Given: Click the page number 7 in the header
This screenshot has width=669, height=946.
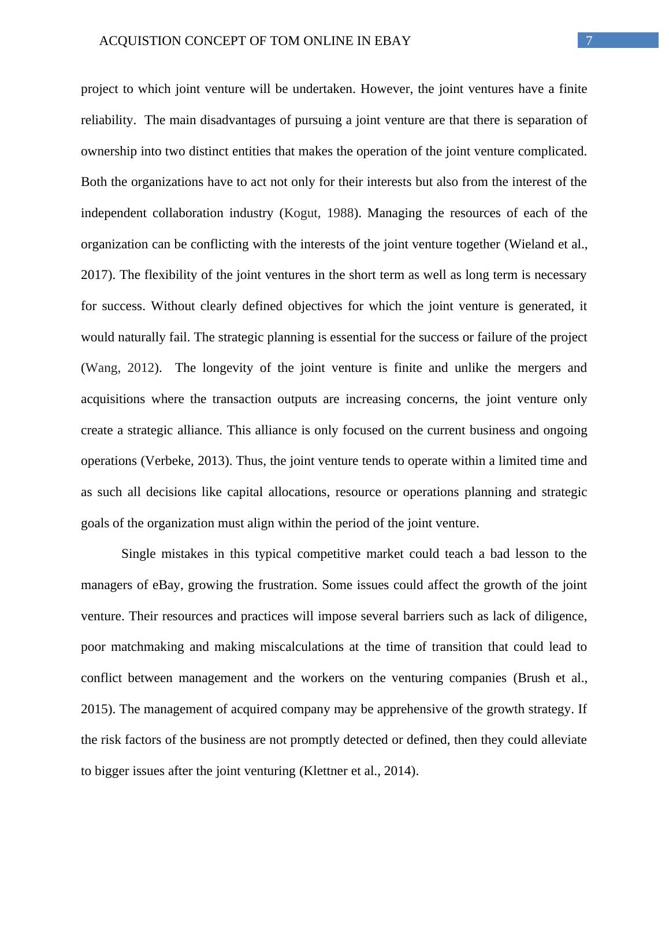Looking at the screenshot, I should click(x=589, y=40).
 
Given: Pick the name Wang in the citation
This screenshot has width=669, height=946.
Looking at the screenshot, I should click(x=102, y=368).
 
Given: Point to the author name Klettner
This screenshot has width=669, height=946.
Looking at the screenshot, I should click(x=325, y=771).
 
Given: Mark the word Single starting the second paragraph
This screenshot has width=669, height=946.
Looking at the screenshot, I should click(x=139, y=554).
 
